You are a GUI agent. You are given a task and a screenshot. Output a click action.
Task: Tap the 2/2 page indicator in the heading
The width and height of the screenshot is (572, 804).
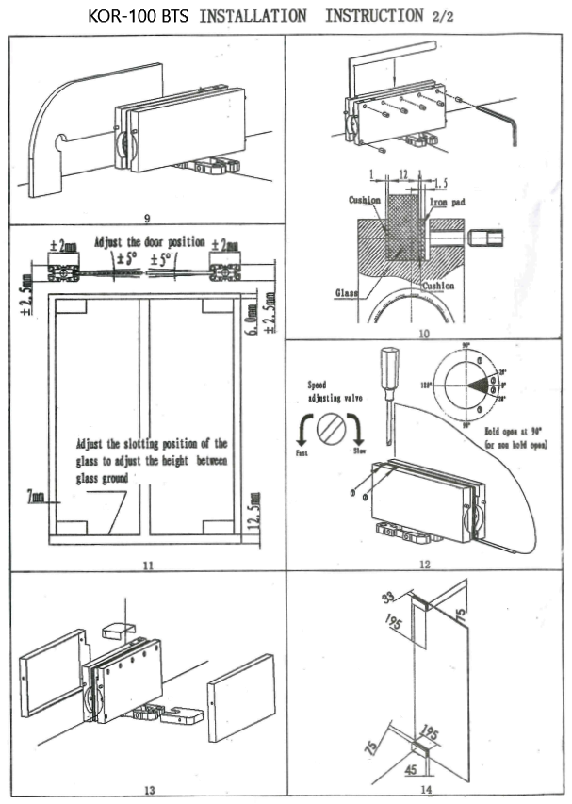[436, 16]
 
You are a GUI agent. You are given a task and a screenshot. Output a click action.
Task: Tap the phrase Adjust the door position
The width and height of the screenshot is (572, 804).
[149, 242]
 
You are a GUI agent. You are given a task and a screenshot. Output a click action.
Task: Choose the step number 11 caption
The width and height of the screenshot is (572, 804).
[146, 565]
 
